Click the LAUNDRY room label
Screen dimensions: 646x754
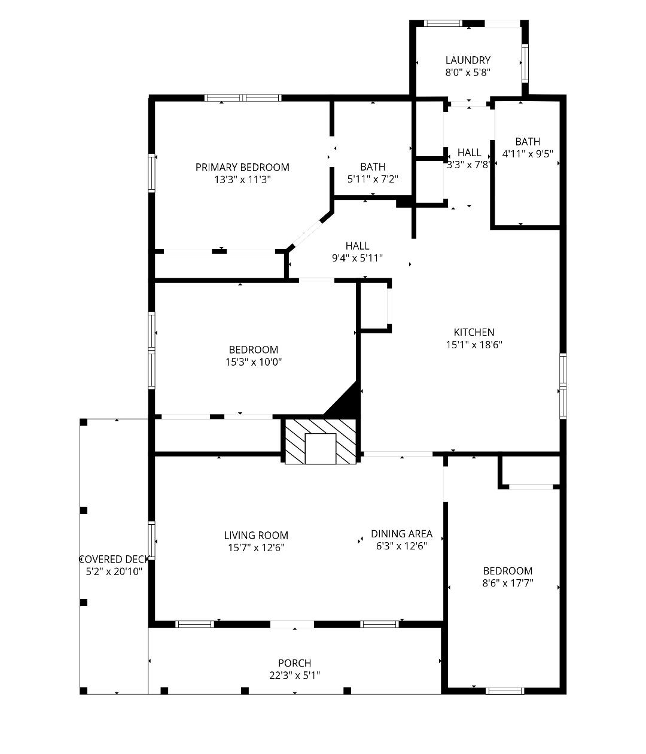tap(468, 60)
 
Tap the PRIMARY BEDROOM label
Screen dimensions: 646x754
tap(242, 168)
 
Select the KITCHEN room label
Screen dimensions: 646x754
tap(474, 332)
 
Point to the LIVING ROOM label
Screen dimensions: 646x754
tap(256, 536)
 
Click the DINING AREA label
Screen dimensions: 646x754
tap(402, 534)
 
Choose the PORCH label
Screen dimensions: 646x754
tap(294, 663)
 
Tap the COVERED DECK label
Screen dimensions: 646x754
tap(114, 560)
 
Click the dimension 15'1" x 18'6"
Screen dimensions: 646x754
tap(474, 345)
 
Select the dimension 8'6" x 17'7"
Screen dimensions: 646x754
tap(507, 583)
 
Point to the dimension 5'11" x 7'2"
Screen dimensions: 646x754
tap(373, 179)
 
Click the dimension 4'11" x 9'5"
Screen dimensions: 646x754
tap(528, 154)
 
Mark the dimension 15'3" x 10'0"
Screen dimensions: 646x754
tap(254, 362)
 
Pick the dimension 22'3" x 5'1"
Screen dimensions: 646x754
tap(294, 676)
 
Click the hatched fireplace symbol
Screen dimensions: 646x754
tap(320, 442)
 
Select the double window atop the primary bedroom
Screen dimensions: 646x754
tap(243, 98)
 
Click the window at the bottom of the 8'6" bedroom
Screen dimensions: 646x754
tap(505, 691)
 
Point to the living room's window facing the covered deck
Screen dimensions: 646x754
tap(151, 540)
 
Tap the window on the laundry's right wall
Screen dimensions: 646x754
tap(525, 63)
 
